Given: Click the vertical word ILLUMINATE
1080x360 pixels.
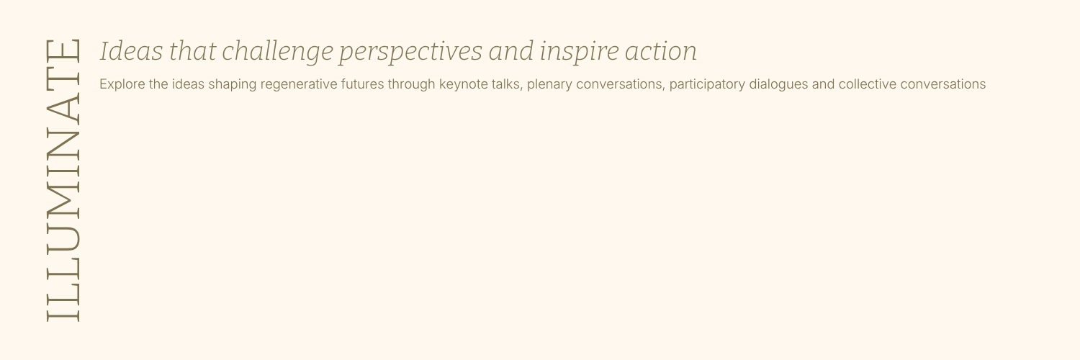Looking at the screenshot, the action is coord(63,181).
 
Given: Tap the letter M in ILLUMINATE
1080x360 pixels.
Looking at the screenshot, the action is coord(63,199).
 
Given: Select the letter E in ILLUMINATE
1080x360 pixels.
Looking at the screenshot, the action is coord(63,50).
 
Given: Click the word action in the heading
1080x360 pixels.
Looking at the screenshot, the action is coord(660,52).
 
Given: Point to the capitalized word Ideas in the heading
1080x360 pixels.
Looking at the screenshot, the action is coord(132,51).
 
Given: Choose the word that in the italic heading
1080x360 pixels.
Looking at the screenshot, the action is coord(192,51).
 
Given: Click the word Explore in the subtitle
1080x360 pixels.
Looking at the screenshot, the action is coord(122,84).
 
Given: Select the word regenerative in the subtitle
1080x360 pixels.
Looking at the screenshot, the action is coord(299,85).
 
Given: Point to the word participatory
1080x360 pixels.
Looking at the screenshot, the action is coord(707,85).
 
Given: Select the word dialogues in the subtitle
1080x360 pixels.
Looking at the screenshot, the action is coord(778,85).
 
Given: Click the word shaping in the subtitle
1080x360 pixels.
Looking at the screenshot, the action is coord(233,85).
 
